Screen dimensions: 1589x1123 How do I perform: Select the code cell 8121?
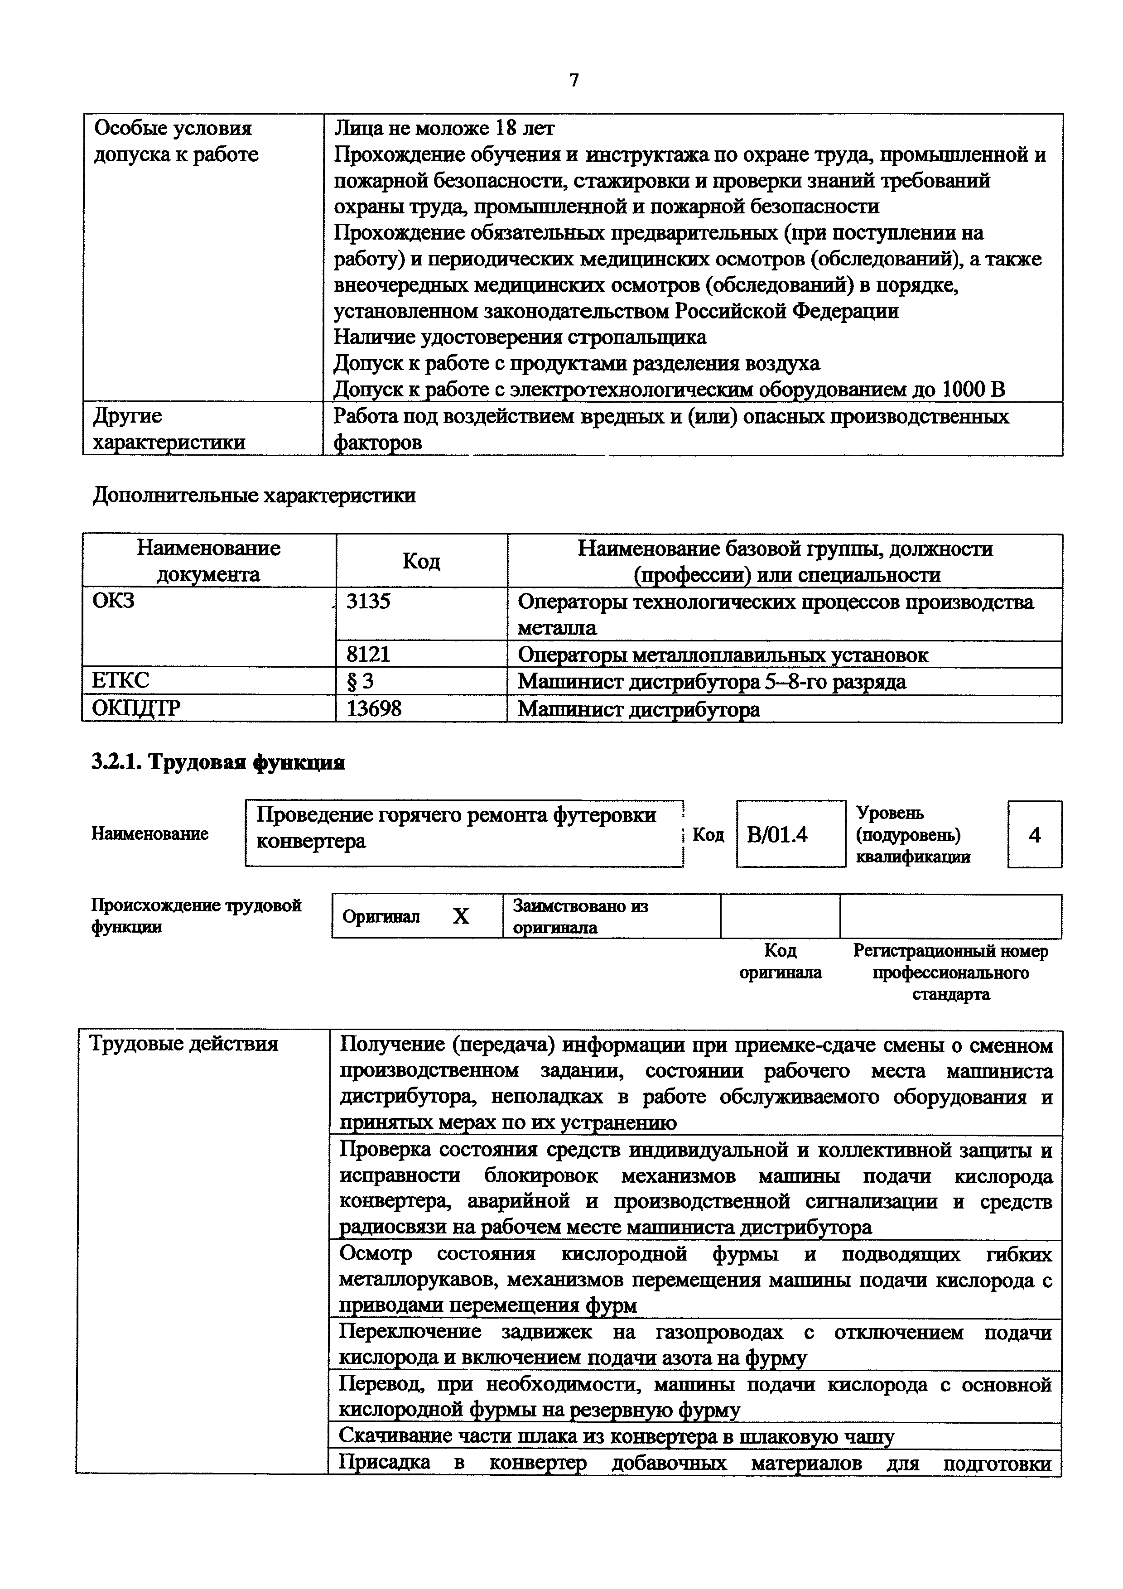(368, 654)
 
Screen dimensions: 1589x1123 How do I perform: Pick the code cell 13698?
(374, 709)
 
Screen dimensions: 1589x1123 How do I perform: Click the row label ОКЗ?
(113, 601)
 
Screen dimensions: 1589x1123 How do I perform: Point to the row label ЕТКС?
(120, 681)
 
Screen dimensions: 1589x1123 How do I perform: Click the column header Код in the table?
(421, 561)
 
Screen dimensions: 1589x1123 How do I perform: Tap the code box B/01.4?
(777, 835)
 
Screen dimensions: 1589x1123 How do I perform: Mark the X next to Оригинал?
(460, 916)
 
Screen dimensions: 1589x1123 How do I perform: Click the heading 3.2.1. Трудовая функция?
(218, 762)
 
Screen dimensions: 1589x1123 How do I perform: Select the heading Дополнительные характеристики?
(254, 496)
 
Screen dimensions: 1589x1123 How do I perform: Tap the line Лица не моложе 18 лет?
(444, 128)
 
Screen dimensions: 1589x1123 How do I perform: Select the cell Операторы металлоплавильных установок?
(723, 655)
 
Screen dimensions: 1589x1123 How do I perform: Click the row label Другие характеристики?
(169, 429)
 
